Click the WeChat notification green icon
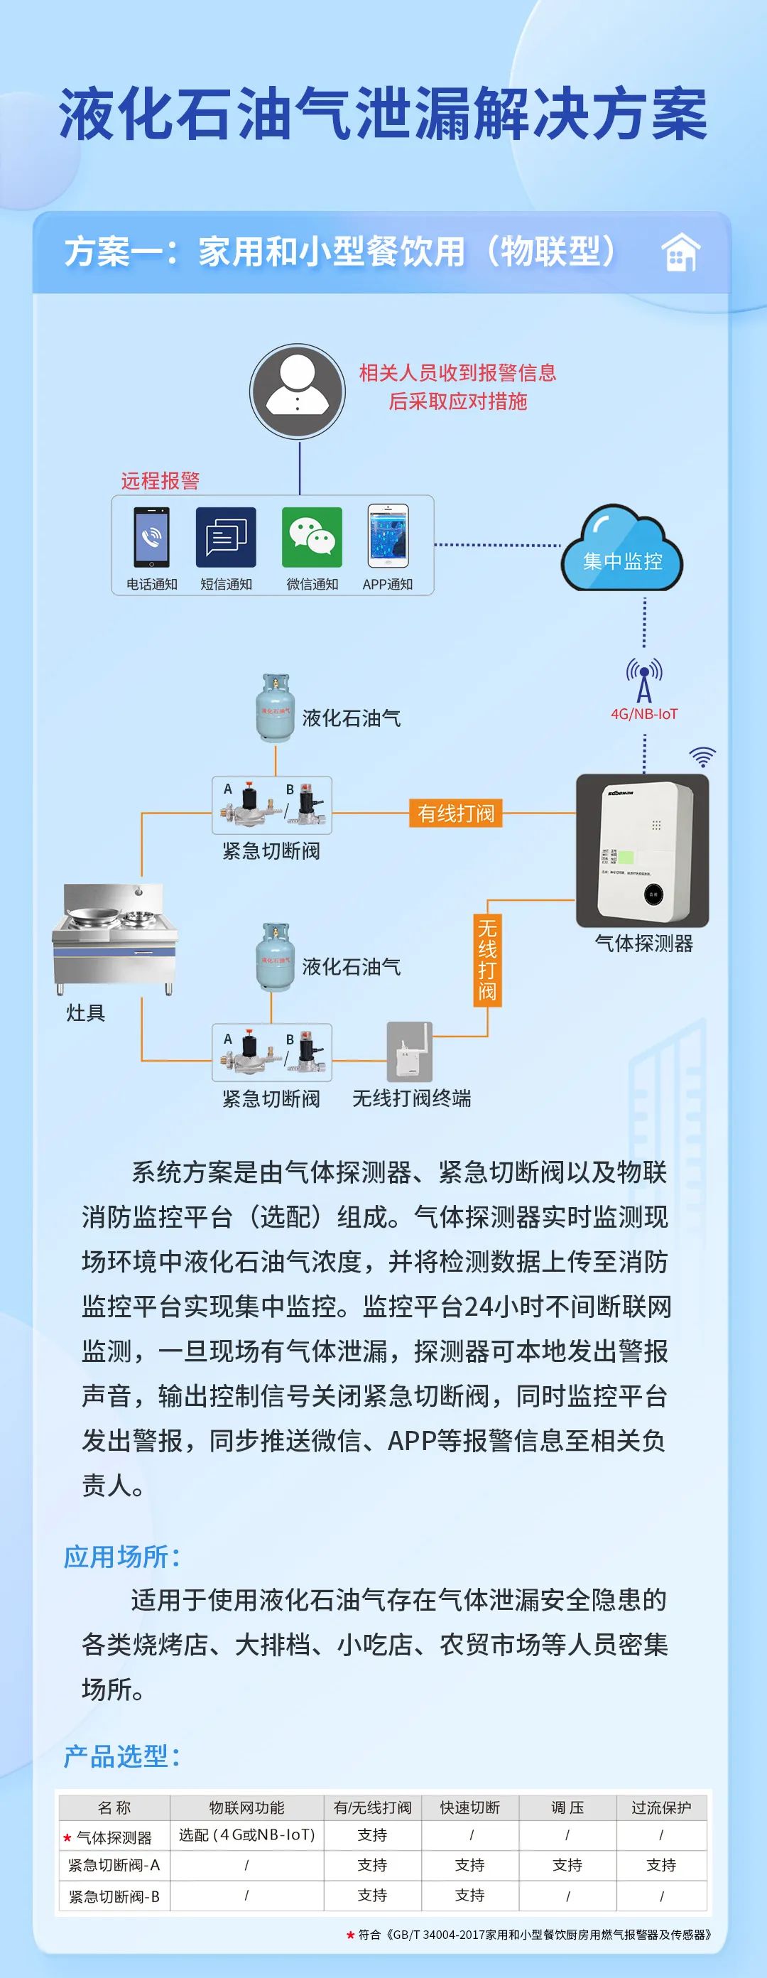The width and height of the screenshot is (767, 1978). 312,536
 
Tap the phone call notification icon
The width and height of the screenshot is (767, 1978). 151,536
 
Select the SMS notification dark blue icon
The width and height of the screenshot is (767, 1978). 226,536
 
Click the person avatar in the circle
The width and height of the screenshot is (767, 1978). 297,391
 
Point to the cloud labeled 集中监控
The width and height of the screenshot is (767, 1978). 622,550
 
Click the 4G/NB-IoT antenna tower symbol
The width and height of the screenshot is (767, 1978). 644,679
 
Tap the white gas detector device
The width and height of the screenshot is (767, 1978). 643,850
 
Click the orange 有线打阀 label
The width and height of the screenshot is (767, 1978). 456,812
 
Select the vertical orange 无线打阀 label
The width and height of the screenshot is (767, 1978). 486,960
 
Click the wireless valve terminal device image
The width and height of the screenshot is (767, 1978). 409,1052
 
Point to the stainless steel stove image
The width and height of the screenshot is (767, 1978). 115,939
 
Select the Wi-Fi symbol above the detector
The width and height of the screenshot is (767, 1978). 702,757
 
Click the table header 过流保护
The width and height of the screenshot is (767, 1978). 661,1807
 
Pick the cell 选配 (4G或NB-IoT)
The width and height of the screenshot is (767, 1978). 246,1834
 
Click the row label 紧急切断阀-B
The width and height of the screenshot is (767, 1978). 114,1896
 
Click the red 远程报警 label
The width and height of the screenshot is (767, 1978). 160,481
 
